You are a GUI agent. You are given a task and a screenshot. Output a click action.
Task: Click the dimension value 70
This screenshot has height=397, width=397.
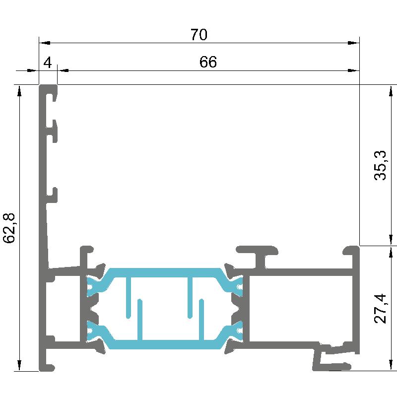pos(199,35)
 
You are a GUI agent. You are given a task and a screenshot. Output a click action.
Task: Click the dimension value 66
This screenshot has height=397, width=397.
pos(208,62)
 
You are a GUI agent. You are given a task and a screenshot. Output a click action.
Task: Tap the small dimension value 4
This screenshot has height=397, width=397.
pos(48,63)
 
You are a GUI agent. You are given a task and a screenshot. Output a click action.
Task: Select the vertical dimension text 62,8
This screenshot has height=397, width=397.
pos(9,228)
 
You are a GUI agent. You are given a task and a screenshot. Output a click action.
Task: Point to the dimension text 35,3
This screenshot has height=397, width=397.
pos(380,165)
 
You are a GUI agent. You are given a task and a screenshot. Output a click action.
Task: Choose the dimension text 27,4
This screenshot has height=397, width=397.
pos(380,308)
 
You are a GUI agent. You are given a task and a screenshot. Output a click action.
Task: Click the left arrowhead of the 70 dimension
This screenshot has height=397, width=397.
pos(45,43)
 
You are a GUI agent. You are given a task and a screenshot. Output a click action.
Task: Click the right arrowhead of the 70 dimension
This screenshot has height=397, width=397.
pos(354,43)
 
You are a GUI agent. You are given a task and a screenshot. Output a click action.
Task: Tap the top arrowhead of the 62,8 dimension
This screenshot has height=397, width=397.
pos(19,91)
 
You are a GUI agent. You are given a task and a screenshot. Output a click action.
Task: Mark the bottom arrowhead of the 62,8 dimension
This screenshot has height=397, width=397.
pos(19,365)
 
